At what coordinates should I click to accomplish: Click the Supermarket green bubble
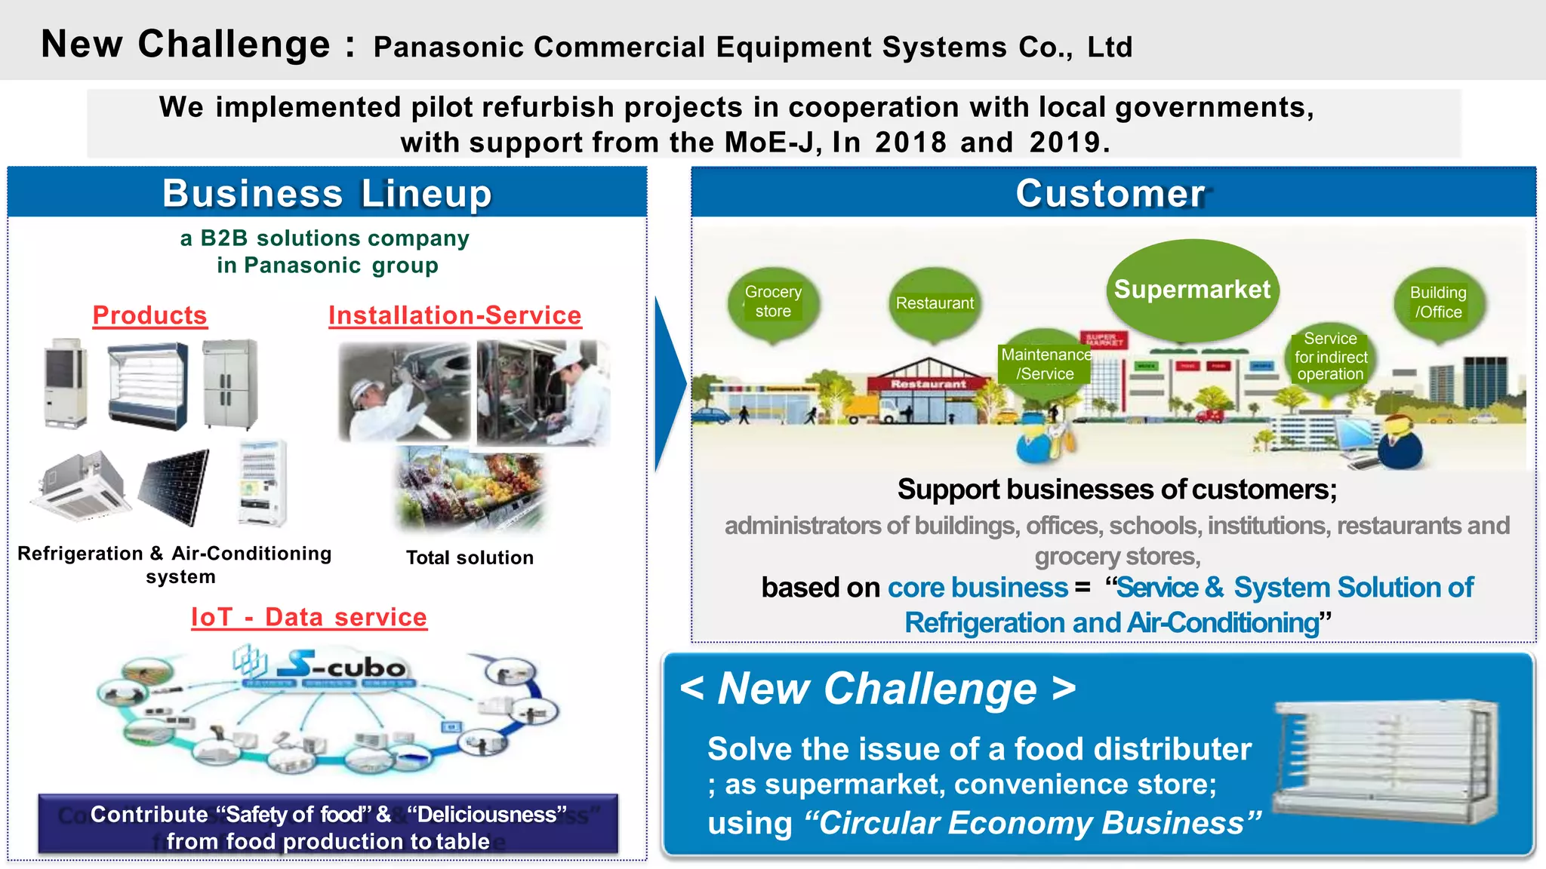(x=1192, y=290)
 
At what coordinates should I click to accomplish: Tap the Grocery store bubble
(x=773, y=302)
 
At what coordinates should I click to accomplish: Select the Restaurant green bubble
(x=935, y=303)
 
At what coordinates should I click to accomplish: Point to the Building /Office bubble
(x=1438, y=302)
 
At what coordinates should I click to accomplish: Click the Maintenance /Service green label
(x=1045, y=364)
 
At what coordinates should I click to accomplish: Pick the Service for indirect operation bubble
(x=1330, y=357)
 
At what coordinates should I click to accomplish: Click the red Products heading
(x=149, y=315)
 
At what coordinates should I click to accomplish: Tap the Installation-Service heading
(x=454, y=315)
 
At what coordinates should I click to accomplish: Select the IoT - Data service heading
(x=309, y=617)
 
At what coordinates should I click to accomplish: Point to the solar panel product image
(x=175, y=487)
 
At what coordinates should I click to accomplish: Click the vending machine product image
(x=262, y=483)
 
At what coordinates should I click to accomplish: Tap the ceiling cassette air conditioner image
(x=79, y=487)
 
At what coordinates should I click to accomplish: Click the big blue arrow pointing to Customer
(x=669, y=385)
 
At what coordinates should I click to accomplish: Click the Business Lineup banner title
(x=327, y=193)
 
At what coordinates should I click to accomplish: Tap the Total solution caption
(x=470, y=557)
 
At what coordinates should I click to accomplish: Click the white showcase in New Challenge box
(x=1385, y=762)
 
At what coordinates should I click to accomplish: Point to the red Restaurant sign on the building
(x=928, y=384)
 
